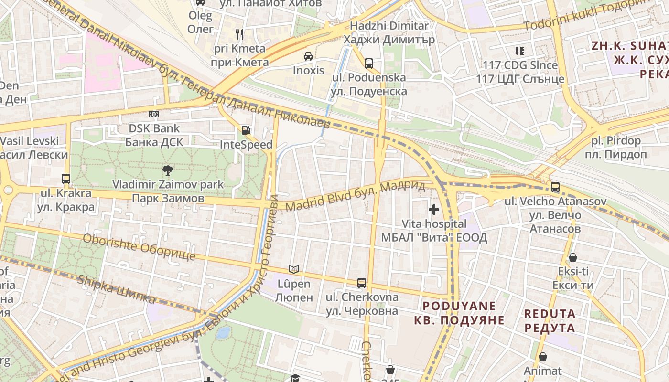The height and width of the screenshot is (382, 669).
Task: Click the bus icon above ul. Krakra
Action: pos(66,179)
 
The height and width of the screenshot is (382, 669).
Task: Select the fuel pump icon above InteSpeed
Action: pos(246,130)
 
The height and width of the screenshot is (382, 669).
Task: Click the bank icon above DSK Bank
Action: pos(153,114)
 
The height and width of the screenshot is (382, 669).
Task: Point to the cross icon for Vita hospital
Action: pos(434,209)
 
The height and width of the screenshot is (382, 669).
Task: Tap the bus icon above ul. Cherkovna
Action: pos(362,283)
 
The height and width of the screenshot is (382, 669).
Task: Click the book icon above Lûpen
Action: pos(294,270)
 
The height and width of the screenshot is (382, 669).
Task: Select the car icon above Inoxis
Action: pos(308,56)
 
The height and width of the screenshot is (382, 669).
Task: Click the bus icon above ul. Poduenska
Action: pos(368,63)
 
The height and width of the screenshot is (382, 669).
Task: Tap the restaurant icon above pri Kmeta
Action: pos(239,34)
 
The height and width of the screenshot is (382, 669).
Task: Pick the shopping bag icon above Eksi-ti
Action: pos(573,257)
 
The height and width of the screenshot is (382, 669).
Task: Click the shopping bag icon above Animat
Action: pos(543,357)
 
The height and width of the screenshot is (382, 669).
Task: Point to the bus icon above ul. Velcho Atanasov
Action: pos(555,187)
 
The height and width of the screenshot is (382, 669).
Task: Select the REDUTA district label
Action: pos(550,321)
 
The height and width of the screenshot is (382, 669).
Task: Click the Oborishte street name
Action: pos(139,247)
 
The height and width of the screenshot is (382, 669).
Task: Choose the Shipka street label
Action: pos(117,289)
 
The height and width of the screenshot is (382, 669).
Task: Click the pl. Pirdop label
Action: pos(615,148)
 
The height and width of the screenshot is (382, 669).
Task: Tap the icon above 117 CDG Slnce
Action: pos(520,51)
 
